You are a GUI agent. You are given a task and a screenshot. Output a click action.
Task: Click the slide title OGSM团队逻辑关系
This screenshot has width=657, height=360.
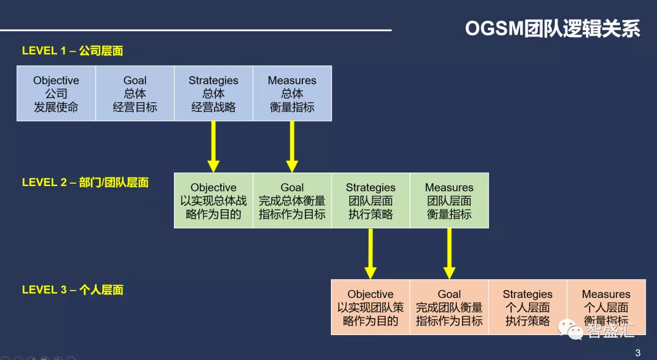tap(552, 29)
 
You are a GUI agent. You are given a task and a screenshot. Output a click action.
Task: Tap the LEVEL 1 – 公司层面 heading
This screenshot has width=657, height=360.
tap(72, 50)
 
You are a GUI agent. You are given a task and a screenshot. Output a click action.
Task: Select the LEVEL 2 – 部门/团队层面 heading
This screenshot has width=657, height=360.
tap(85, 182)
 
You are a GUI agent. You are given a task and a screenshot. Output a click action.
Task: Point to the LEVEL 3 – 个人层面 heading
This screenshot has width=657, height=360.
tap(72, 289)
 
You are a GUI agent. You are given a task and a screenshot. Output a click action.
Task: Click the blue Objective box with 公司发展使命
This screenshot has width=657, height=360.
tap(56, 94)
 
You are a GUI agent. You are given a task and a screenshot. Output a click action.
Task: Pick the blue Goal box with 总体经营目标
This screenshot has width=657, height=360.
tap(135, 94)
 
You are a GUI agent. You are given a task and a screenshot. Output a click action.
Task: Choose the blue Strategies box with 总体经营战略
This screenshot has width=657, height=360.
tap(214, 94)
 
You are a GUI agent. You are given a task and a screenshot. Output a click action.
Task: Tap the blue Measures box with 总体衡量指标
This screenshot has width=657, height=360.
tap(293, 94)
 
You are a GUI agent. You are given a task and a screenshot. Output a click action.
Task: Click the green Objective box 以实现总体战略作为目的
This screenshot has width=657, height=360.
tap(214, 200)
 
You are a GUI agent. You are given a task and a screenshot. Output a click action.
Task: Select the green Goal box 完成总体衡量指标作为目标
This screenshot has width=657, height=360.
tap(293, 200)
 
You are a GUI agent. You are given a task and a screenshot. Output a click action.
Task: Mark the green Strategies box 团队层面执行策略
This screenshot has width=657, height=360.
tap(371, 200)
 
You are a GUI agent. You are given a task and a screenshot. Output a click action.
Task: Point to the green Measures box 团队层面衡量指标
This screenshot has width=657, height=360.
tap(450, 200)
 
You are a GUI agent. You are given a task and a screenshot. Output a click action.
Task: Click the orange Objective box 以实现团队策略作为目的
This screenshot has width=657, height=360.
tap(371, 307)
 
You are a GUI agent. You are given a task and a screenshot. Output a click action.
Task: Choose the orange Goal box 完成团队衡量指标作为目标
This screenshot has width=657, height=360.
tap(450, 307)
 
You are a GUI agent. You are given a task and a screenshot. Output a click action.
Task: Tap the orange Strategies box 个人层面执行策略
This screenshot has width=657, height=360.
tap(528, 307)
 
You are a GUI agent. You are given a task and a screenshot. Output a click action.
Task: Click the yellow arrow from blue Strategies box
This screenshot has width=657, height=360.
tap(214, 147)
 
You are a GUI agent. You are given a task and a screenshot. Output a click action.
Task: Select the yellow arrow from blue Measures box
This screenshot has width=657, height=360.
tap(292, 147)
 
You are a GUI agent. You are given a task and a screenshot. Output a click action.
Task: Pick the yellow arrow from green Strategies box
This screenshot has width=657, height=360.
tap(370, 254)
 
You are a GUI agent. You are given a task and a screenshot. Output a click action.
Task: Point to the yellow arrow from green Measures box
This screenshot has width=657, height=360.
tap(449, 254)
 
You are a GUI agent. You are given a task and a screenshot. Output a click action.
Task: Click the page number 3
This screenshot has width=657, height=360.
tap(638, 353)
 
